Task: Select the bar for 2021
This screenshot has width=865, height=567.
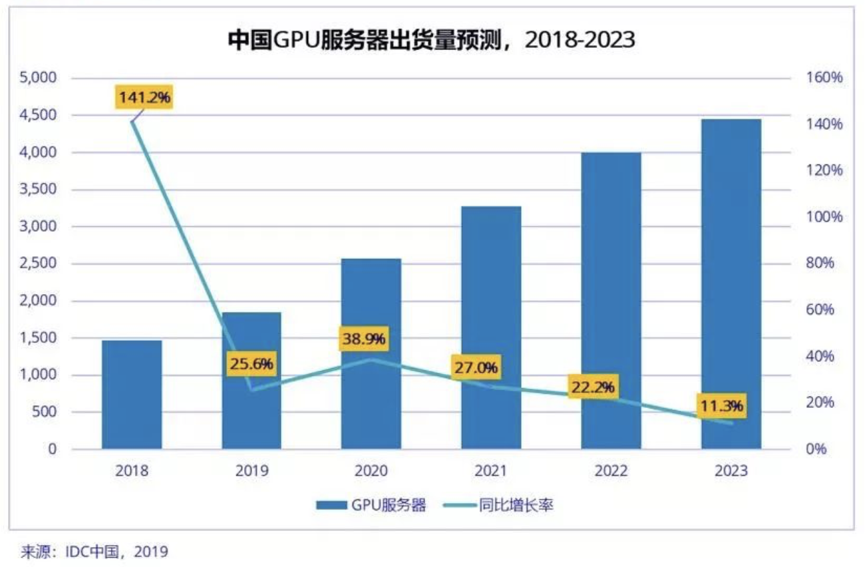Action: coord(491,327)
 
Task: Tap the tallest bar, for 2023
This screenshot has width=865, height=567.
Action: coord(731,283)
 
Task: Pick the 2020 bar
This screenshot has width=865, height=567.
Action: coord(371,353)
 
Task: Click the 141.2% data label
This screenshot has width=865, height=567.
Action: coord(145,98)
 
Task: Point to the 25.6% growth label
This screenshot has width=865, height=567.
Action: coord(252,364)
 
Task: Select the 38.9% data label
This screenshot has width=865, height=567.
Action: coord(364,339)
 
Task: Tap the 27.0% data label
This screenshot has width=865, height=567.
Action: coord(476,367)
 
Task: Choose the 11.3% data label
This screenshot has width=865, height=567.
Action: coord(721,405)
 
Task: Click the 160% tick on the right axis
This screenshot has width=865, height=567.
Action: coord(826,78)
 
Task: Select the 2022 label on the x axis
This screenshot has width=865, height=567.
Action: coord(611,471)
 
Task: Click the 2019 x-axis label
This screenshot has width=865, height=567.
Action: coord(252,471)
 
